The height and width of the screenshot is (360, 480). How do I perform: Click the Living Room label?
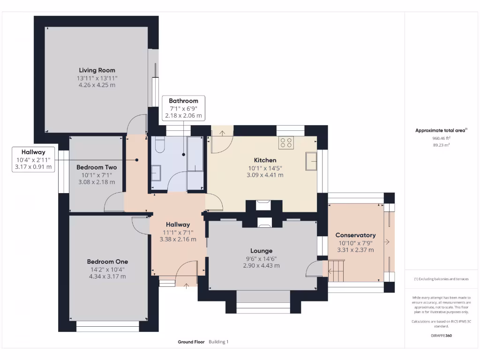(x=97, y=70)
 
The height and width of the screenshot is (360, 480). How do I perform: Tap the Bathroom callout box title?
(x=183, y=101)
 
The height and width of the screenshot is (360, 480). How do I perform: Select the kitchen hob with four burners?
(x=286, y=142)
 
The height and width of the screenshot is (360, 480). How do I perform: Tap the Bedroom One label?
(x=107, y=262)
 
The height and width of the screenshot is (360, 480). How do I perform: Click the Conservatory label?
(x=355, y=235)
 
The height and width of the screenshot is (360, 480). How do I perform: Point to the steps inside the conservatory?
(x=336, y=270)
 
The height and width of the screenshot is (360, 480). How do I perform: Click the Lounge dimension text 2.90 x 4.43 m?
(x=261, y=265)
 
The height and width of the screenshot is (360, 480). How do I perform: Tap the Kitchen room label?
(x=265, y=160)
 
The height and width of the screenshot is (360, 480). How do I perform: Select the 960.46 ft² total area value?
(x=441, y=138)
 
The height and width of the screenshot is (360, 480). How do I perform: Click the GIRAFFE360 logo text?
(x=441, y=336)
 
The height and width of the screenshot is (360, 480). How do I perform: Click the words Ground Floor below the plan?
(x=191, y=342)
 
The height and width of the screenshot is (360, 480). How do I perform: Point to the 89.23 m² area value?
(x=441, y=145)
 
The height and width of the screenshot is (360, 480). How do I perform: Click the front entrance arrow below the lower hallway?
(x=187, y=285)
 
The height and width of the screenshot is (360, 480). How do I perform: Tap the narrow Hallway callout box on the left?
(x=34, y=159)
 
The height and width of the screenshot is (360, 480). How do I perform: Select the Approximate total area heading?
(x=440, y=131)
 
